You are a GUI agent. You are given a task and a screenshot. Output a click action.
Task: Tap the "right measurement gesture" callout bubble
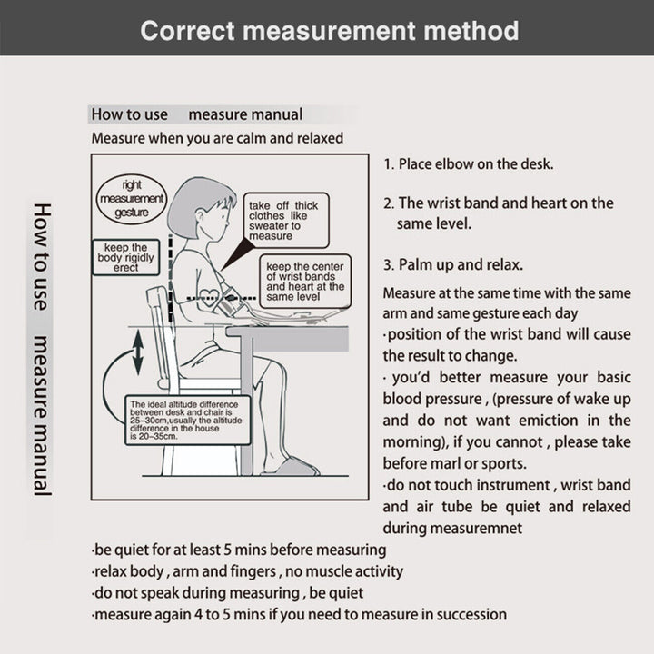(131, 197)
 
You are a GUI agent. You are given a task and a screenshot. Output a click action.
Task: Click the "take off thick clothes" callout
(283, 221)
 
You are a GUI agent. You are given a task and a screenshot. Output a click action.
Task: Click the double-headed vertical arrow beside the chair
(137, 352)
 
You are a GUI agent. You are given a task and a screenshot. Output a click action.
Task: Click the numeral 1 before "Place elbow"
(388, 164)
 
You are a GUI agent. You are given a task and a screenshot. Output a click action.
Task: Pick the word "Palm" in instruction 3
(419, 265)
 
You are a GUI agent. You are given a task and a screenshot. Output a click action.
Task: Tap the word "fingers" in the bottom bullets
(252, 571)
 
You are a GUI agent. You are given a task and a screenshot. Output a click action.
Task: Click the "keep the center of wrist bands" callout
(305, 282)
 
